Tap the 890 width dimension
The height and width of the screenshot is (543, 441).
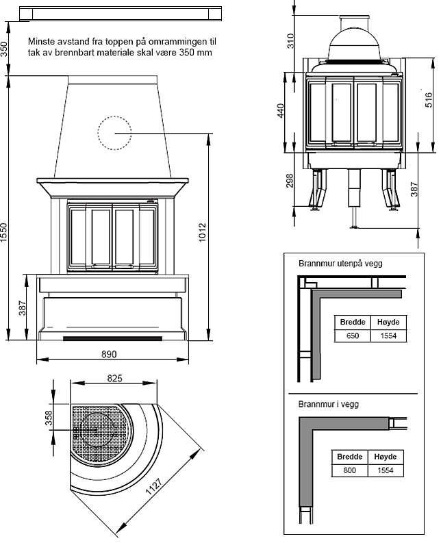coord(110,355)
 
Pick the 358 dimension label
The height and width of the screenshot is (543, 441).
coord(50,418)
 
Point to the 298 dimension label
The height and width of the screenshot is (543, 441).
coord(290,180)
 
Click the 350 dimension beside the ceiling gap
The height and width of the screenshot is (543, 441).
coord(5,49)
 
